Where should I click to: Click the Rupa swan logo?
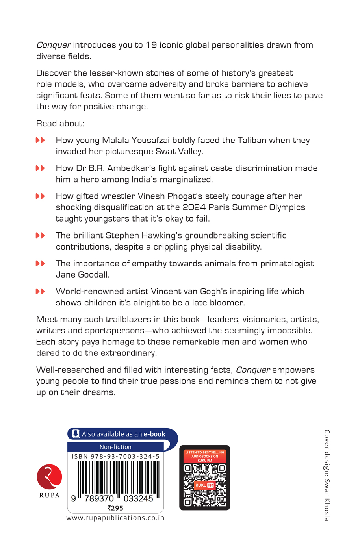coord(49,477)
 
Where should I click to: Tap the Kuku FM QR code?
coord(204,484)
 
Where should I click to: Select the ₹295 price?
coord(115,508)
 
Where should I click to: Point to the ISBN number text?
coord(115,456)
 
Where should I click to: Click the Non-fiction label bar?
coord(115,447)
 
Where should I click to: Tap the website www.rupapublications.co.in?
coord(115,518)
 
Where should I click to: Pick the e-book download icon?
coord(76,434)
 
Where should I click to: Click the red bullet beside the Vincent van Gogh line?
coord(40,292)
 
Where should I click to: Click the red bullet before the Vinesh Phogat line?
coord(40,196)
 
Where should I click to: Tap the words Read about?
coord(60,124)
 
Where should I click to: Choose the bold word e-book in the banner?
coord(154,434)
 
